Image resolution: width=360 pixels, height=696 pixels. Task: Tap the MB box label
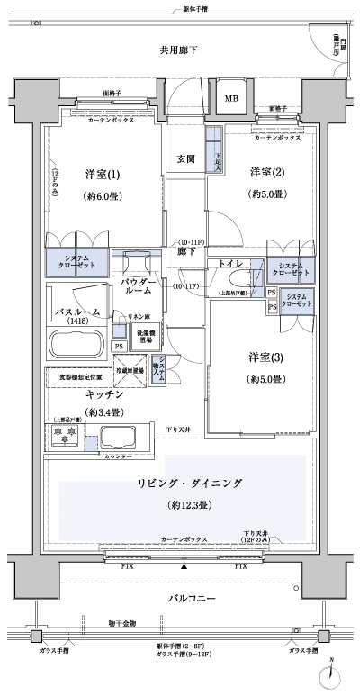click(231, 98)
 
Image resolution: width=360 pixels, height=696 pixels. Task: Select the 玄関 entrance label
click(186, 158)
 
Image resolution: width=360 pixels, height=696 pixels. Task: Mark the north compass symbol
click(333, 674)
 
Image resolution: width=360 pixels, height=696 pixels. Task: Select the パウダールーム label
click(140, 286)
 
